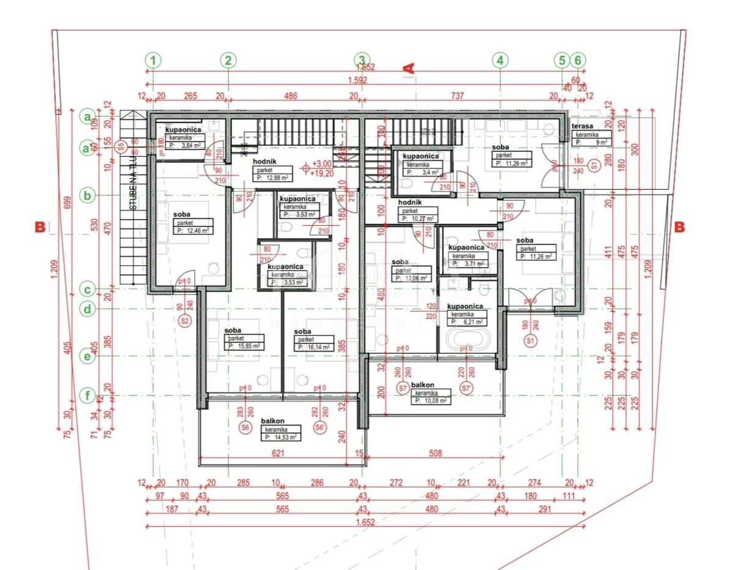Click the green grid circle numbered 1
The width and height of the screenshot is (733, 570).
[x=153, y=60]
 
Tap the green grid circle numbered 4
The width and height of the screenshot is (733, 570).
[x=500, y=60]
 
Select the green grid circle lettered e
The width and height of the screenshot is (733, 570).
[x=89, y=357]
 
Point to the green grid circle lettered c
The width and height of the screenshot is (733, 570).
[x=89, y=289]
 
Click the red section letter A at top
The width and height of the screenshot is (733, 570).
[x=409, y=68]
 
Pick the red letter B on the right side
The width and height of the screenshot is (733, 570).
[x=679, y=227]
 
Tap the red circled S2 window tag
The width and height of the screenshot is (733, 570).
[x=183, y=320]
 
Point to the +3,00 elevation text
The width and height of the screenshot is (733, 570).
[x=322, y=164]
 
